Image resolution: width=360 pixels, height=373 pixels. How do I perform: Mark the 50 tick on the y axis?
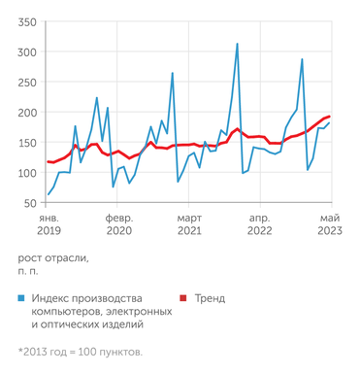(29, 203)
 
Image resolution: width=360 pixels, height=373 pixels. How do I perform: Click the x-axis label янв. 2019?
(49, 225)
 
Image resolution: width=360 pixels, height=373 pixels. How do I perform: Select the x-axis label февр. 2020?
(119, 225)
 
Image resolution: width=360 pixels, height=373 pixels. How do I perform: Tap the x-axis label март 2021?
(189, 225)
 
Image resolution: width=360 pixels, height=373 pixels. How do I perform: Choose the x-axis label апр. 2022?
(260, 225)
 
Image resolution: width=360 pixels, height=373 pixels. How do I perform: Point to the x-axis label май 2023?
(330, 225)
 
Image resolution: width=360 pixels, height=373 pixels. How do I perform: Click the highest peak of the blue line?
(237, 44)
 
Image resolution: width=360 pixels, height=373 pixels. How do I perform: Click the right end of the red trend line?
(330, 117)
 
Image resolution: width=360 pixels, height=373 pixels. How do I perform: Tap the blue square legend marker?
(21, 298)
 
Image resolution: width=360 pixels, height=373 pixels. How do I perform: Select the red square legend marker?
(182, 298)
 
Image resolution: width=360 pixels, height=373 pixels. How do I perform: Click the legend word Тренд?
(209, 298)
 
